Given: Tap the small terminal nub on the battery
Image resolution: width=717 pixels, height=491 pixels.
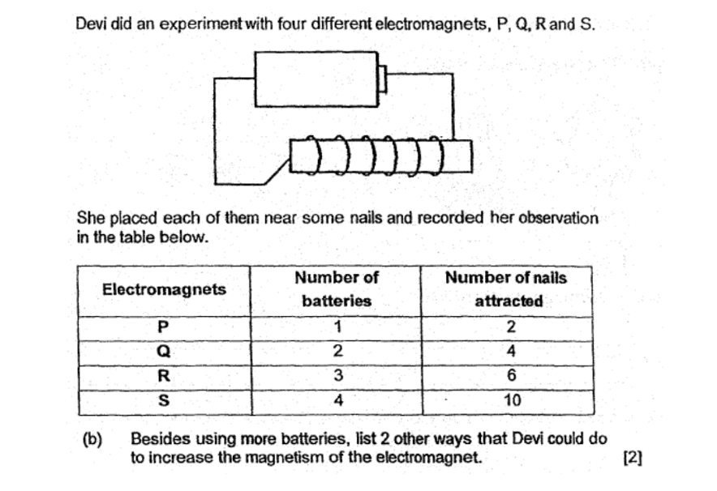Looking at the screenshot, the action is (x=383, y=79).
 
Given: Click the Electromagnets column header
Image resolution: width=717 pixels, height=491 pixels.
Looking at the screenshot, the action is (x=164, y=289).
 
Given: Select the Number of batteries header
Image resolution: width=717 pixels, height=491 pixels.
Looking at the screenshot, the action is (x=337, y=289).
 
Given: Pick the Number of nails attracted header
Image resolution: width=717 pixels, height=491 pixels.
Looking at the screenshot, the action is (x=506, y=289).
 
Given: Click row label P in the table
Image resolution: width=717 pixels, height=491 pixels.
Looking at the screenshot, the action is (x=163, y=327).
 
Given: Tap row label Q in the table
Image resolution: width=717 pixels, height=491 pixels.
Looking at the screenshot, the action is (x=163, y=352).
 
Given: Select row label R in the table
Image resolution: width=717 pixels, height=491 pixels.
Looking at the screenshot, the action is (x=164, y=376).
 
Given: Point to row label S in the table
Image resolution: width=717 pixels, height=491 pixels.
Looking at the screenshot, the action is (x=163, y=400).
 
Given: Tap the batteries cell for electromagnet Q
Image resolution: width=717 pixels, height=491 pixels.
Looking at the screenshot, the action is (x=337, y=351).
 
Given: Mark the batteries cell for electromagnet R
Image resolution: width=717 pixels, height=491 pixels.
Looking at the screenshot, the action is (x=338, y=375).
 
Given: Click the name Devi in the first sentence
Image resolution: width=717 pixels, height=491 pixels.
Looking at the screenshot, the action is (x=91, y=23).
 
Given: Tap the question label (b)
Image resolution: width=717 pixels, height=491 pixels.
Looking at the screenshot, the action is (x=92, y=439).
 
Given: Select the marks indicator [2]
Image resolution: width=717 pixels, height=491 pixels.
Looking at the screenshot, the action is (x=633, y=457).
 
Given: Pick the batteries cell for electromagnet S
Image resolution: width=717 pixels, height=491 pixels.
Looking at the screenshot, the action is (x=338, y=400).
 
